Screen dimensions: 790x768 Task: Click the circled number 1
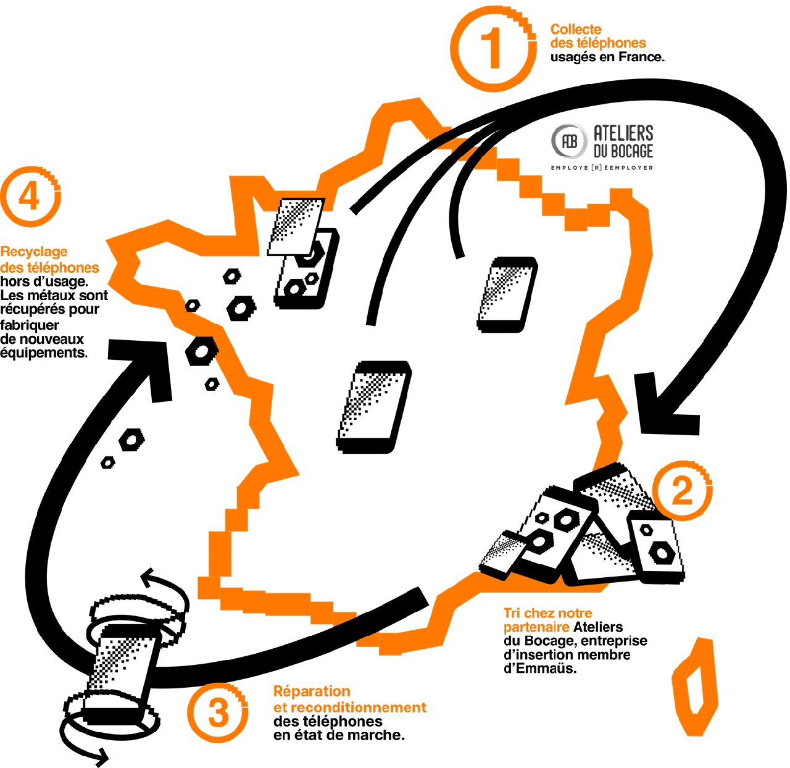click(x=493, y=49)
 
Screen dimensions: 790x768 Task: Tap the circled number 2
click(x=684, y=493)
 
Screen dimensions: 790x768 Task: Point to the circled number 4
click(x=30, y=196)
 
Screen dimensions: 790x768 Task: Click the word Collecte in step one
click(x=576, y=29)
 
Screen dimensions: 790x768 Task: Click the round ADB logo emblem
click(x=569, y=141)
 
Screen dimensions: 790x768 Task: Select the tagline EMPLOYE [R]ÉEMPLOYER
click(x=602, y=167)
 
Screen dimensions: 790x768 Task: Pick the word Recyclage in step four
click(x=34, y=253)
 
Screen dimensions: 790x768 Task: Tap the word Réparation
click(x=312, y=691)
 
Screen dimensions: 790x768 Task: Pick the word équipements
click(x=44, y=353)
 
